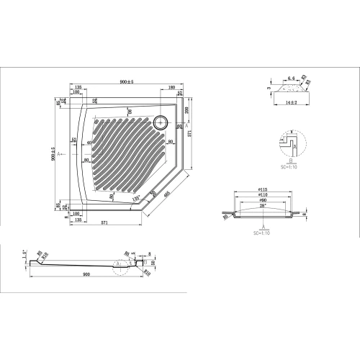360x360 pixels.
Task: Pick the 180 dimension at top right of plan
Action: (170, 89)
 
